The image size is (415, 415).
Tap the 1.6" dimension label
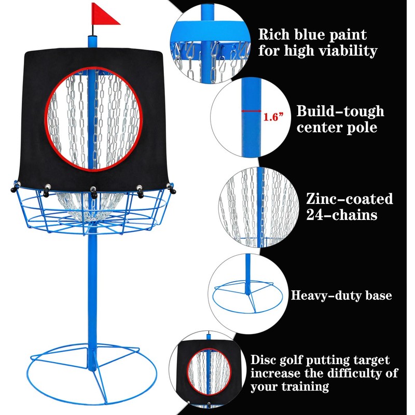272,117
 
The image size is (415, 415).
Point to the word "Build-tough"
340,111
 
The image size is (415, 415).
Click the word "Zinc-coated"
349,199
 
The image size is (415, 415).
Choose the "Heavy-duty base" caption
341,296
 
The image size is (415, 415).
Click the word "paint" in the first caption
343,35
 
